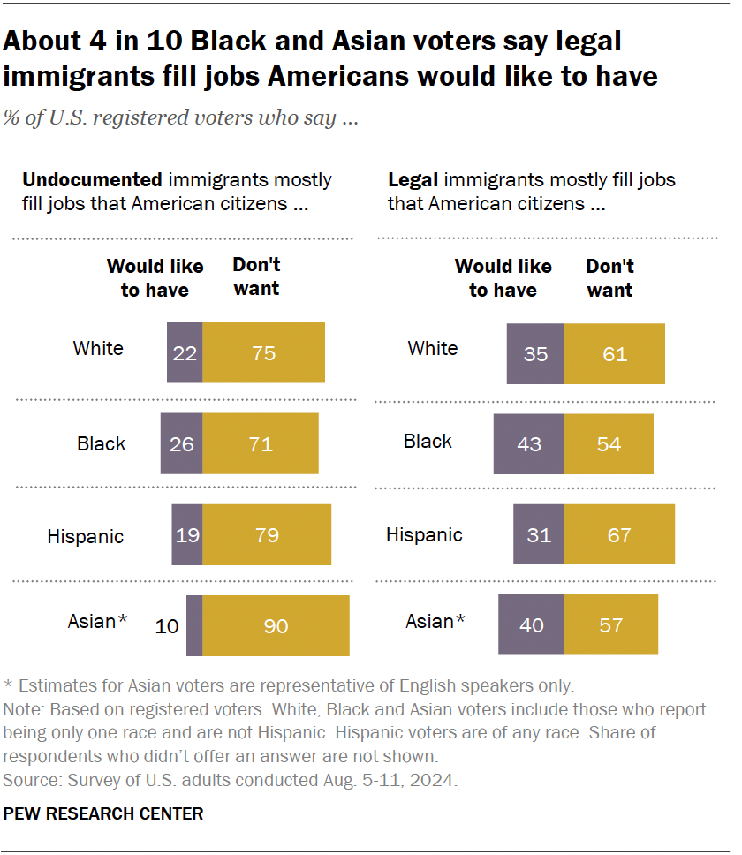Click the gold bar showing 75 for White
pos(263,352)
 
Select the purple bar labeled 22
pos(185,352)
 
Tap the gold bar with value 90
pos(276,625)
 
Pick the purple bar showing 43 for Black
pos(529,444)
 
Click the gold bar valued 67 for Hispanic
pos(619,534)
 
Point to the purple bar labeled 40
pos(531,625)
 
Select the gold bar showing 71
pos(261,444)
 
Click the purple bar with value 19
pos(186,534)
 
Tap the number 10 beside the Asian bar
pos(166,626)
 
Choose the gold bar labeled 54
pos(609,444)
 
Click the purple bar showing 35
pos(535,353)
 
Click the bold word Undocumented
pos(92,180)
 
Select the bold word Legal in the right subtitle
pos(413,180)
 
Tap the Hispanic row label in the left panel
pos(85,536)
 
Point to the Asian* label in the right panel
pos(435,622)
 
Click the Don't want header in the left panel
pos(256,276)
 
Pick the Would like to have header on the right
pos(503,278)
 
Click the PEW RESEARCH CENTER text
pos(103,813)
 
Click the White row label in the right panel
pos(433,348)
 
